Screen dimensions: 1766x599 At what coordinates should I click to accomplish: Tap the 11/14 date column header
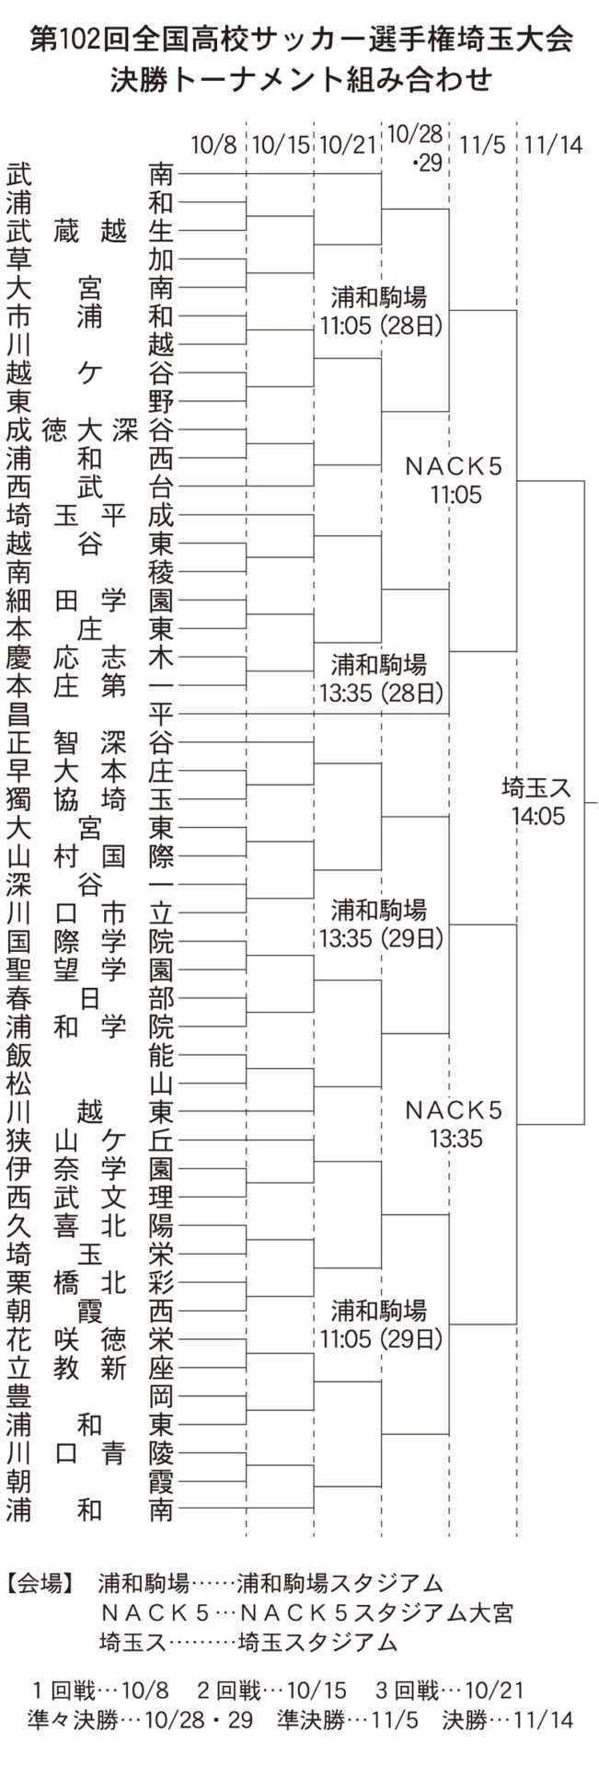coord(554,145)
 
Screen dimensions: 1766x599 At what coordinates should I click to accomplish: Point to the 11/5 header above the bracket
coord(483,145)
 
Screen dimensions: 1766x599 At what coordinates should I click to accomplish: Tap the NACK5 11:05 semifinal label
coord(455,481)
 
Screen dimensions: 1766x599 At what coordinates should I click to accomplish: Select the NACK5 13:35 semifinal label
coord(455,1124)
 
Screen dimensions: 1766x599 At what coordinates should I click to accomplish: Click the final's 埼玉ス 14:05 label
coord(538,801)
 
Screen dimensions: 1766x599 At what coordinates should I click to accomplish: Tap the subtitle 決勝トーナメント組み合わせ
coord(300,81)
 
